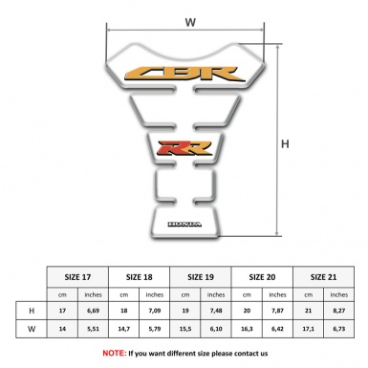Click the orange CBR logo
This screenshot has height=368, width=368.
coord(184,72)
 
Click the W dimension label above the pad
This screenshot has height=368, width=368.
coord(189,21)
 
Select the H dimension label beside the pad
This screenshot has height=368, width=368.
coord(285,144)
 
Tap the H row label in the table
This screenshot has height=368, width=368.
coord(32,310)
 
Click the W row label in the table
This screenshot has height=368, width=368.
coord(32,330)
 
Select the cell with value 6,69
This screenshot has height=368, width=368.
coord(94,310)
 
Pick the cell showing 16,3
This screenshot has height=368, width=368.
coord(249,330)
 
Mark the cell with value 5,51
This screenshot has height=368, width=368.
coord(94,330)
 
